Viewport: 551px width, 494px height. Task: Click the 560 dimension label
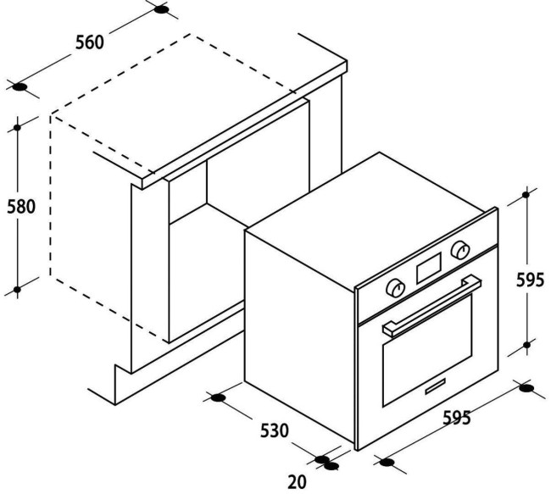[90, 42]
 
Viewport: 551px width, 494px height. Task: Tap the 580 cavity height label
[21, 207]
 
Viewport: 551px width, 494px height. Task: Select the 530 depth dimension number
[274, 430]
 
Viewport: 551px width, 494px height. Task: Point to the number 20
[297, 481]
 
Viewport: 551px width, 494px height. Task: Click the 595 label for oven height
[531, 280]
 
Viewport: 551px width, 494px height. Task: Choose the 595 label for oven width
[456, 418]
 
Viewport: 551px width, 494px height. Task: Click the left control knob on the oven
[395, 288]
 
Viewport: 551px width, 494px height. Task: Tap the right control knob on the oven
[460, 250]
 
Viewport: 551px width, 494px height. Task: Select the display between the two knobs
[429, 268]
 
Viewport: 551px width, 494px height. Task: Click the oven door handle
[432, 305]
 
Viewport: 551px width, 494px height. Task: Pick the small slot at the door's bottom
[436, 386]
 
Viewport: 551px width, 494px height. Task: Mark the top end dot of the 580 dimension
[17, 128]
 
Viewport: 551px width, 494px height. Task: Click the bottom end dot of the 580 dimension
[17, 290]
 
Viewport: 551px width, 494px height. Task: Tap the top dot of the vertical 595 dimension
[526, 195]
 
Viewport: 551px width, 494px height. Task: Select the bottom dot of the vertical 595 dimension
[526, 345]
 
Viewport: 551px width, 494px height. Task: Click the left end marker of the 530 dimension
[218, 398]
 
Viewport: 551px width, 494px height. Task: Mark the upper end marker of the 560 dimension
[161, 10]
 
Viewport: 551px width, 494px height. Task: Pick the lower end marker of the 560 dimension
[20, 87]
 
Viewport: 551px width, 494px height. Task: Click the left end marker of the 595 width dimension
[387, 463]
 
